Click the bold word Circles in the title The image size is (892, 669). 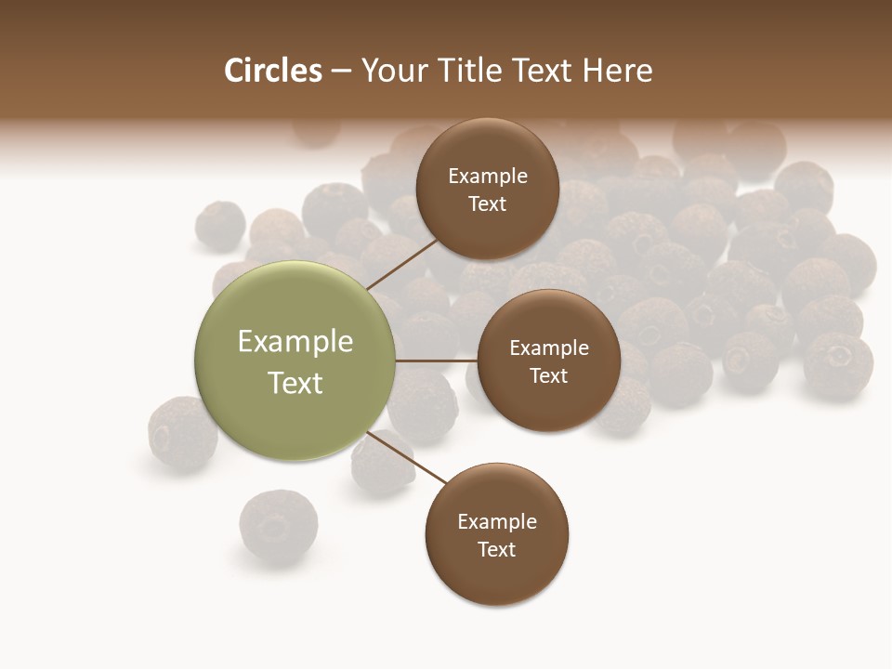coord(273,71)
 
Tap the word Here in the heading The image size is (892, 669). coord(617,71)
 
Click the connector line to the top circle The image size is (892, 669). coord(403,262)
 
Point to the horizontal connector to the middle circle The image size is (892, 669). coord(436,361)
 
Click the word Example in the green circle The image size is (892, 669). coord(295,342)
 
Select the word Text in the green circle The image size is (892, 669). coord(295,383)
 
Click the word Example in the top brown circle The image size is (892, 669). coord(488,177)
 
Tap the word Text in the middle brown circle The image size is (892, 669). coord(548,376)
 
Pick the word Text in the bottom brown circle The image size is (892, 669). coord(497,550)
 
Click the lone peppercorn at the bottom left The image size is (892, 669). coord(278,526)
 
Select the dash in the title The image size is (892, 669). coord(341,71)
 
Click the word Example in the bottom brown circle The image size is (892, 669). coord(497,522)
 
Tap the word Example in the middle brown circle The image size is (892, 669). coord(548,348)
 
